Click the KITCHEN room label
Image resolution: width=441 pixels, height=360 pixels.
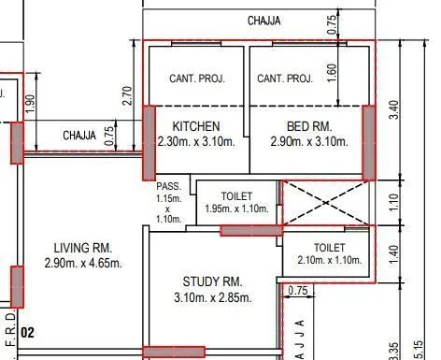196,126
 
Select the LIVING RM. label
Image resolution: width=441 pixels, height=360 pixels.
83,249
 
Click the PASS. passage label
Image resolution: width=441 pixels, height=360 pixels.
168,187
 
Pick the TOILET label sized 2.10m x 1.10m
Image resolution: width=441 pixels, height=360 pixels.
321,247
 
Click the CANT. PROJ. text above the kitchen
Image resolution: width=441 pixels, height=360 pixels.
196,79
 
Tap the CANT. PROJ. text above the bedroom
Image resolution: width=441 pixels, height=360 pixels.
285,79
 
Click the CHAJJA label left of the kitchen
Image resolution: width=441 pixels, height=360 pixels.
79,137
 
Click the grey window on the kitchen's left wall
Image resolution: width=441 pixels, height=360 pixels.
149,142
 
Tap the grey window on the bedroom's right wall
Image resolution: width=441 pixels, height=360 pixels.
368,142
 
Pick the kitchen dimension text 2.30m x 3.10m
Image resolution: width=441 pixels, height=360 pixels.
196,142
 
